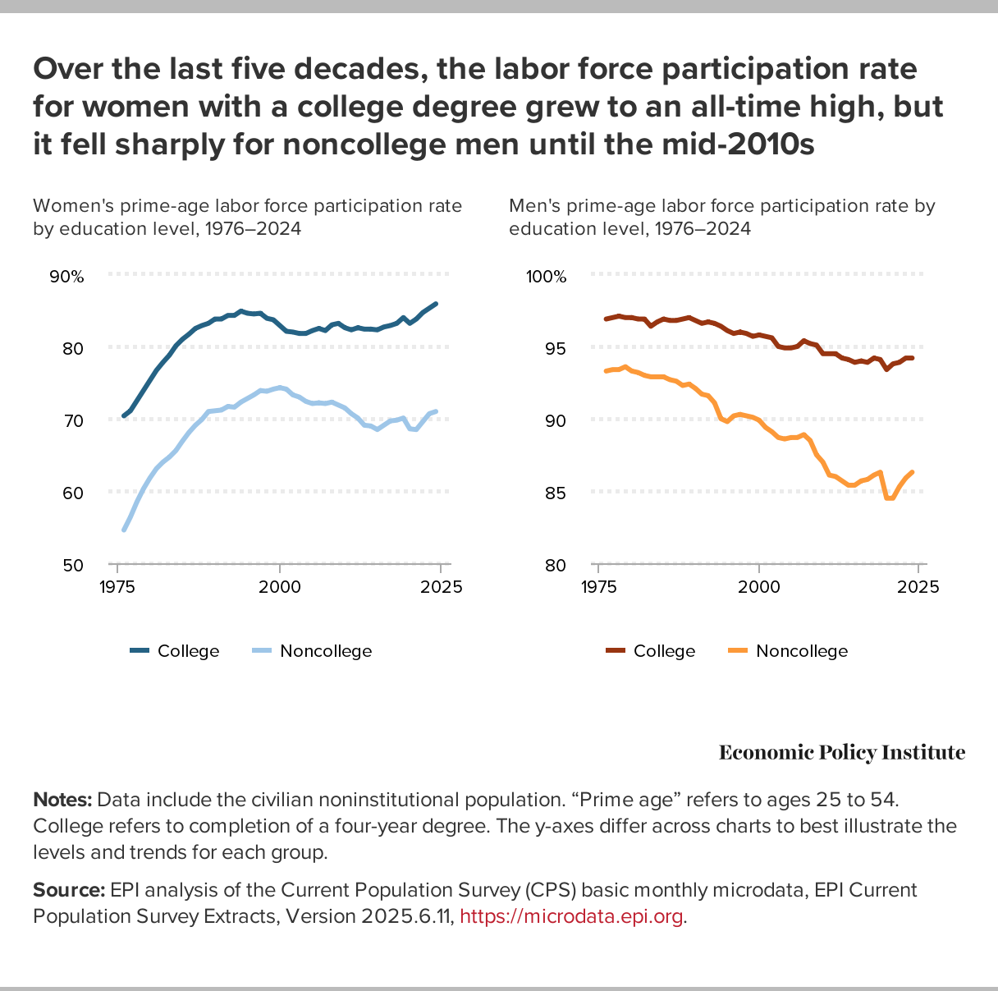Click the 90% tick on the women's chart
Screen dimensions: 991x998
coord(67,277)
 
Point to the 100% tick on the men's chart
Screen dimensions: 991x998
coord(546,277)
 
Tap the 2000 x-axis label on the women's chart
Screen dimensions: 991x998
coord(279,587)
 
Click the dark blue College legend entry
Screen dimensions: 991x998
coord(175,651)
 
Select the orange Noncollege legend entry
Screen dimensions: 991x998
coord(788,651)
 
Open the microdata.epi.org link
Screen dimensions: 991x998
coord(570,916)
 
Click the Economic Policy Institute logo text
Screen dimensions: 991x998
coord(841,752)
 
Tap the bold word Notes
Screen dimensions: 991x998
coord(62,800)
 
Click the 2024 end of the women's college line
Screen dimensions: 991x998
coord(436,304)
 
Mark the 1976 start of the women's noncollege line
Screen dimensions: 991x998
coord(124,530)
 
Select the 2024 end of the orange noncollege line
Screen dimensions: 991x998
coord(913,472)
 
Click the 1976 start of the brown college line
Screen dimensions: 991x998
coord(606,319)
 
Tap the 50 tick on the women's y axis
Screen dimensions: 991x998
coord(73,565)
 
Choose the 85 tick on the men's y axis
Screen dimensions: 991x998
coord(554,493)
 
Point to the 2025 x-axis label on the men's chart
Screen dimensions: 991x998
coord(918,587)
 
